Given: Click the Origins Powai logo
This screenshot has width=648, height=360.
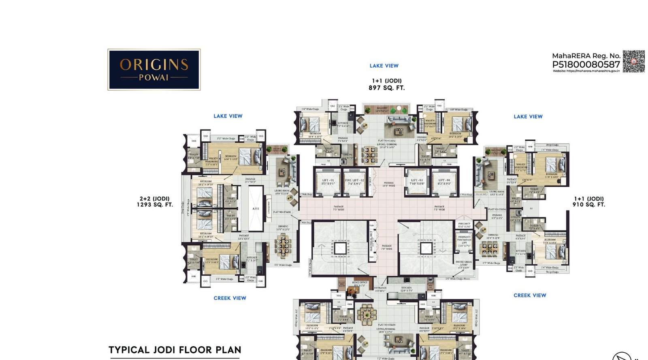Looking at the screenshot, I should coord(154,70).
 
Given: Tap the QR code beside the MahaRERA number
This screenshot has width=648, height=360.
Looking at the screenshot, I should coord(633,62).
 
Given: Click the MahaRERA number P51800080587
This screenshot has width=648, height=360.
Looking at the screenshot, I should coord(586,64).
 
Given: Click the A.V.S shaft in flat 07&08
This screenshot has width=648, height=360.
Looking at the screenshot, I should coord(256,209).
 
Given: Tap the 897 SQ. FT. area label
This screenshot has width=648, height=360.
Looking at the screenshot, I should coord(386,88).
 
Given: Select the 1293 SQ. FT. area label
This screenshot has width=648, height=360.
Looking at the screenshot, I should coord(155,204).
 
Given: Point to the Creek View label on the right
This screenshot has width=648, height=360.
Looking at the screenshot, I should coord(530,295).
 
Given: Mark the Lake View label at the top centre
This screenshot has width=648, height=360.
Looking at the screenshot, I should coord(384,66).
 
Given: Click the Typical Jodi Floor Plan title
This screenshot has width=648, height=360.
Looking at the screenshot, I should coord(175,350).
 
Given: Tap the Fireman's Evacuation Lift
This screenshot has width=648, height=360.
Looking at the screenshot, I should coord(464,241).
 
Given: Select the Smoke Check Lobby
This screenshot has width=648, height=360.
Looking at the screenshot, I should coord(464,264).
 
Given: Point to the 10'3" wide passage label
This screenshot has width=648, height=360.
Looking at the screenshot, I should coord(388,184).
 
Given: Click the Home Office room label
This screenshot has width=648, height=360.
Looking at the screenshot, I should coord(359,284).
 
